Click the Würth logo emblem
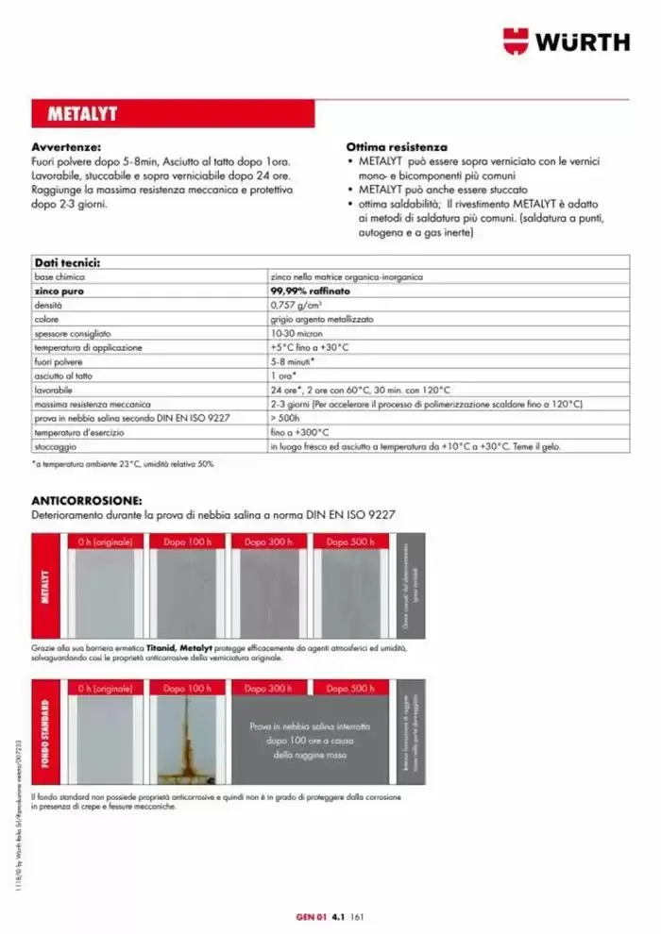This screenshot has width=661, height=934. (x=517, y=42)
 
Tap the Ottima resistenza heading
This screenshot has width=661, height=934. (x=397, y=148)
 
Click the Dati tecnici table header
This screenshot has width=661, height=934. (x=67, y=263)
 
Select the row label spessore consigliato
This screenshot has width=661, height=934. (x=73, y=333)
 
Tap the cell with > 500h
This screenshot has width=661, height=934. (x=285, y=417)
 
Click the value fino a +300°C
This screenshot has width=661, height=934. (x=298, y=431)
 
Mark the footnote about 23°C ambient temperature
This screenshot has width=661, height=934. (x=124, y=463)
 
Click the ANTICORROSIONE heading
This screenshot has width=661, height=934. (x=87, y=501)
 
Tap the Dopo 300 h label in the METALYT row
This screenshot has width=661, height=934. (x=269, y=542)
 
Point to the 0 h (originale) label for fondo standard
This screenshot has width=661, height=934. (x=106, y=689)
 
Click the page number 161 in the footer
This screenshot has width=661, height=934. (x=357, y=914)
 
